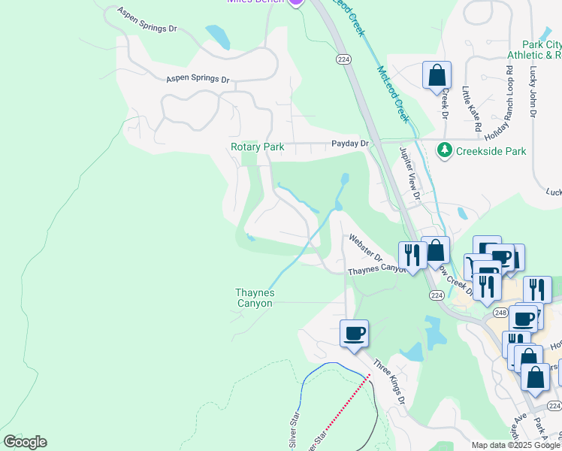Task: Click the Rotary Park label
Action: (x=257, y=147)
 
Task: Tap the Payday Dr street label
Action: (x=351, y=144)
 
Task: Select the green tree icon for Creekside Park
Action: (x=445, y=150)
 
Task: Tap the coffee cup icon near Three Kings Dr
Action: (x=354, y=332)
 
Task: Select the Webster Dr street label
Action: (x=364, y=248)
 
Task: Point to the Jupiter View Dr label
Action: (x=410, y=173)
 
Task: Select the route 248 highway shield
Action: (x=501, y=312)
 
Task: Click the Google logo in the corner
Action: (x=25, y=442)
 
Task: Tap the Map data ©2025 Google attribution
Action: (x=515, y=445)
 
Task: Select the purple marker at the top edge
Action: (x=296, y=2)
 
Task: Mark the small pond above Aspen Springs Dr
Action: (x=217, y=38)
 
